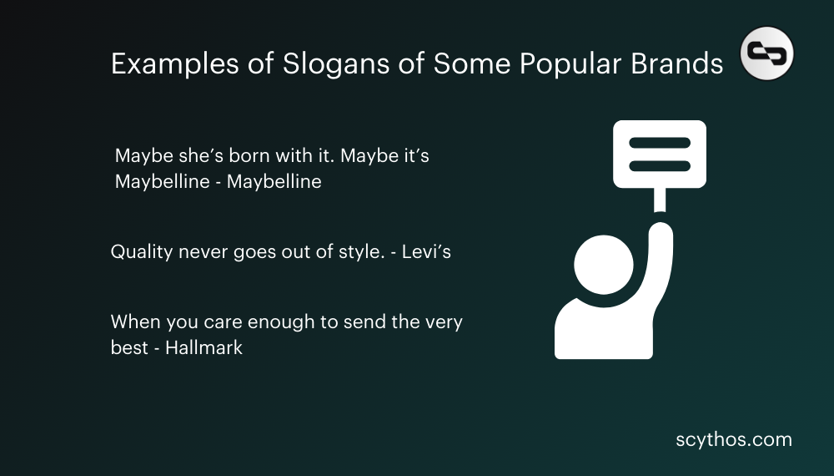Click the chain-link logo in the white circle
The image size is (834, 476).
pos(767,53)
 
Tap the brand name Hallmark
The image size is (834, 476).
pos(203,347)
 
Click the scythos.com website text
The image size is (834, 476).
pos(734,439)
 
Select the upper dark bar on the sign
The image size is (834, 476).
pos(659,143)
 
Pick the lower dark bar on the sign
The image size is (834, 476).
pos(659,165)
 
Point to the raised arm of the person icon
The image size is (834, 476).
pos(661,251)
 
